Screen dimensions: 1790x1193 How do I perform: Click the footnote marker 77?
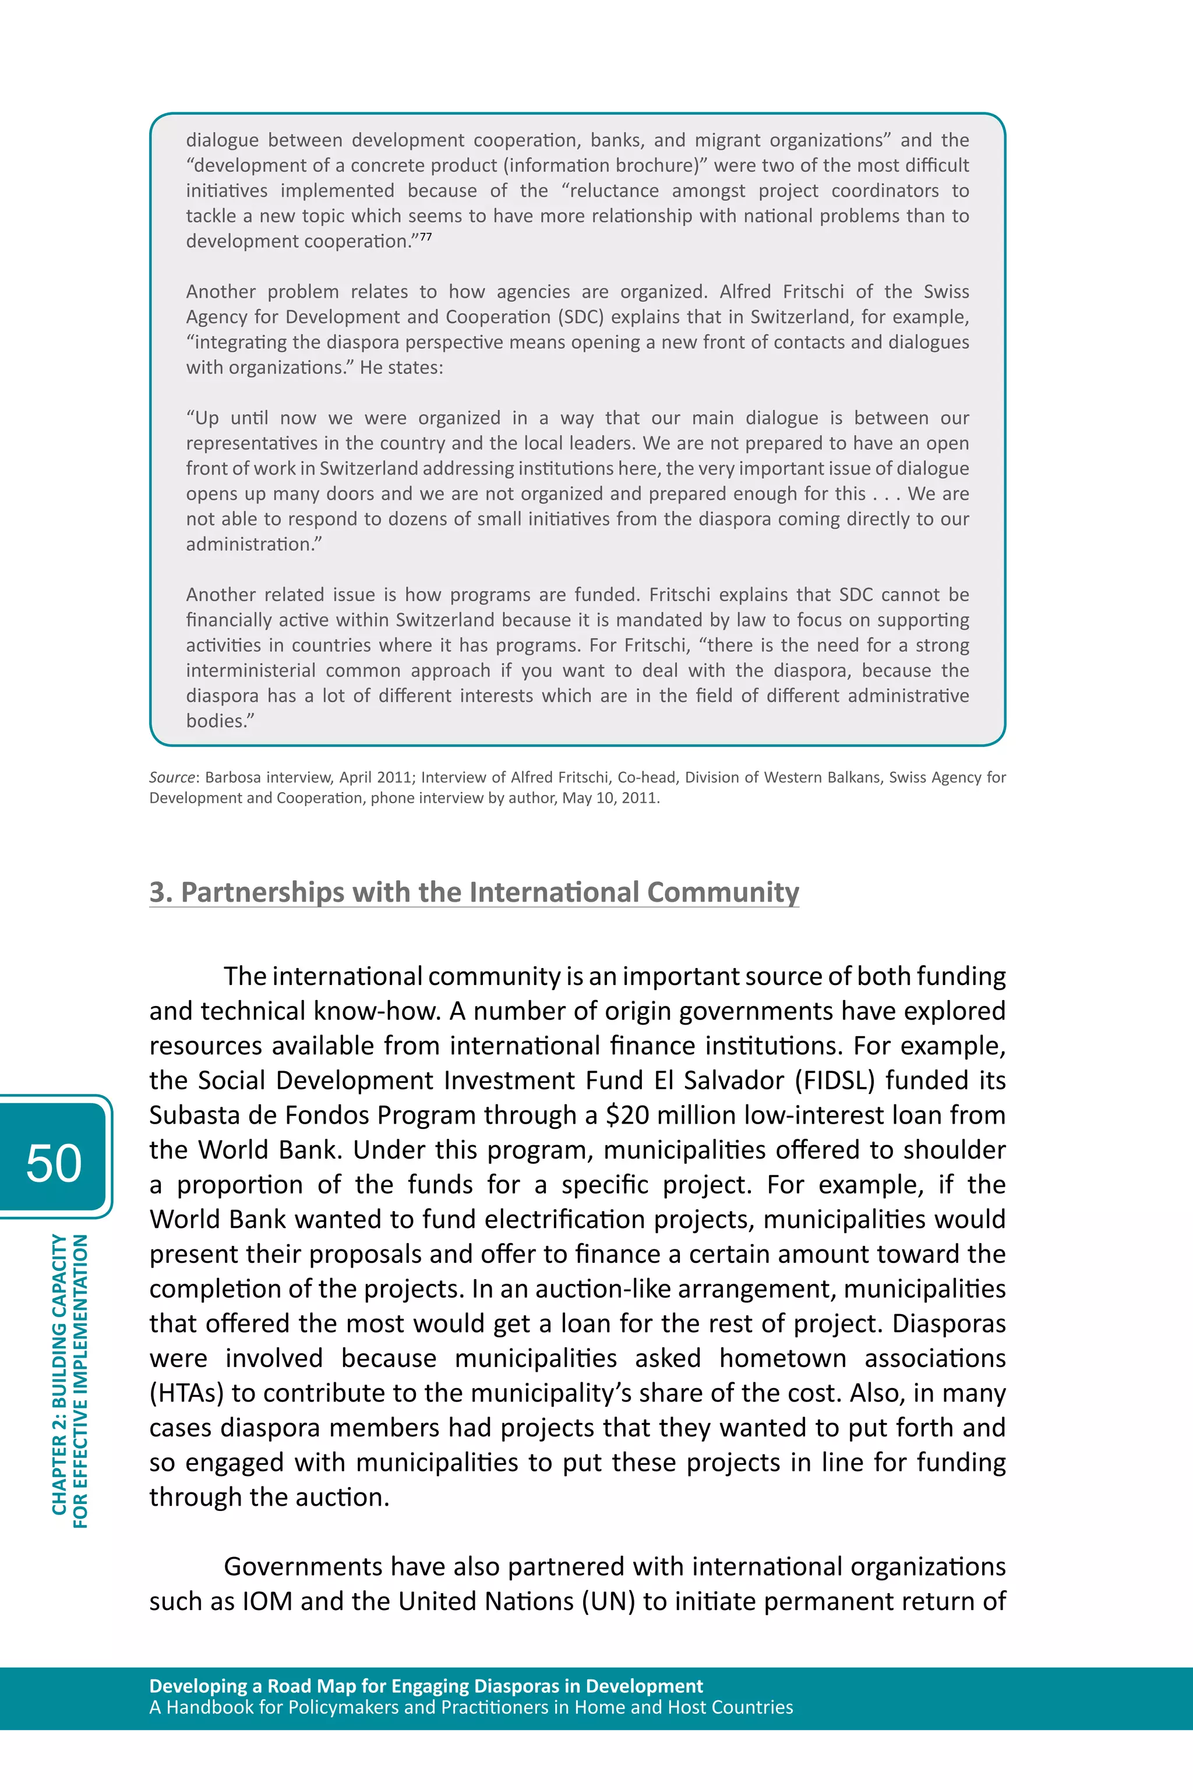click(425, 236)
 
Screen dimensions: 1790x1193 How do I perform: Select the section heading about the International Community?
click(473, 892)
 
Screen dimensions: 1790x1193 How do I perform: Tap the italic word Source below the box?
click(172, 778)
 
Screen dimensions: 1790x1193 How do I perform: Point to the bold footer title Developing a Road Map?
click(426, 1686)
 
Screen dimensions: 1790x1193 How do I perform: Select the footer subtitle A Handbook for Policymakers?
click(470, 1707)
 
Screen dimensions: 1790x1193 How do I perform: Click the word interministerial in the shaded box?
click(250, 670)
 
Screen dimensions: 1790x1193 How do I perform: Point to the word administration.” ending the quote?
click(254, 545)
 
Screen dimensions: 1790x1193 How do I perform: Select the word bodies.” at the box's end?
click(220, 721)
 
